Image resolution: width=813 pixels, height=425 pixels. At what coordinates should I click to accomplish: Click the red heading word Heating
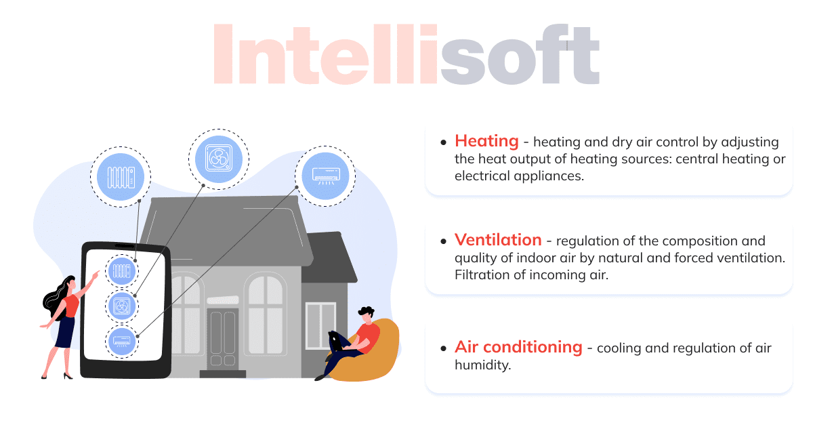click(x=486, y=141)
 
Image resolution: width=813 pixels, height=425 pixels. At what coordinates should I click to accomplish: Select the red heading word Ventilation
click(x=498, y=240)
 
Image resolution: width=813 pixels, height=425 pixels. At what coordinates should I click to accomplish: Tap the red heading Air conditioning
click(x=518, y=347)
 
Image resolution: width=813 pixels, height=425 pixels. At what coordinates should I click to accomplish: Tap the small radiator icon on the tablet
click(x=121, y=272)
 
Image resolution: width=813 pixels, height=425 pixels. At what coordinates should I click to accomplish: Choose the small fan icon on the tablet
click(x=121, y=306)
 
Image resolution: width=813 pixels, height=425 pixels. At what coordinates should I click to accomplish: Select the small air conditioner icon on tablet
click(x=121, y=340)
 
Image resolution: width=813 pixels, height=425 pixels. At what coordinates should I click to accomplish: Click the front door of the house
click(x=223, y=339)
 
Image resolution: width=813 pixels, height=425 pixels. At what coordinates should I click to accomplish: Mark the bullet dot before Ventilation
click(x=443, y=241)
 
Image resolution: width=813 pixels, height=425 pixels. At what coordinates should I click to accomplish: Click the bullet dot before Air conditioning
click(x=443, y=348)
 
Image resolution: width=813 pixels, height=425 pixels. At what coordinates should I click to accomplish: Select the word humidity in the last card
click(x=482, y=365)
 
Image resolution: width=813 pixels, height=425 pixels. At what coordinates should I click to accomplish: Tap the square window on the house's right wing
click(x=320, y=324)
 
